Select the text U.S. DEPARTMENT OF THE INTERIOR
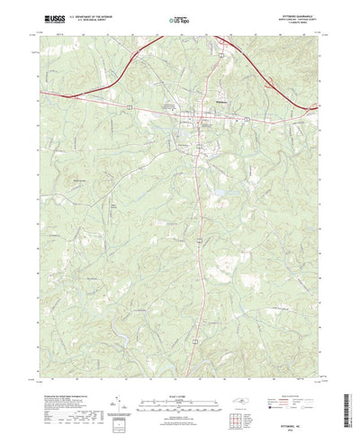click(x=87, y=15)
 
